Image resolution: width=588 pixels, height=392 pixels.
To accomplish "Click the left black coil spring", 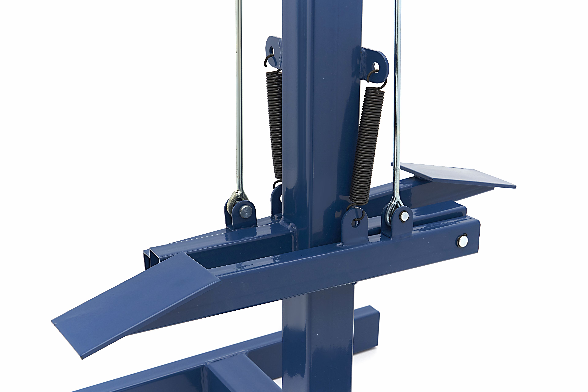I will point(274,125).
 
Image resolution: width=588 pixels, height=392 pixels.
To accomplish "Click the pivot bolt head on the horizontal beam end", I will point(463,241).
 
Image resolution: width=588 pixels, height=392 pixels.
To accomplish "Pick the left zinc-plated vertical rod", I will point(239,100).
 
